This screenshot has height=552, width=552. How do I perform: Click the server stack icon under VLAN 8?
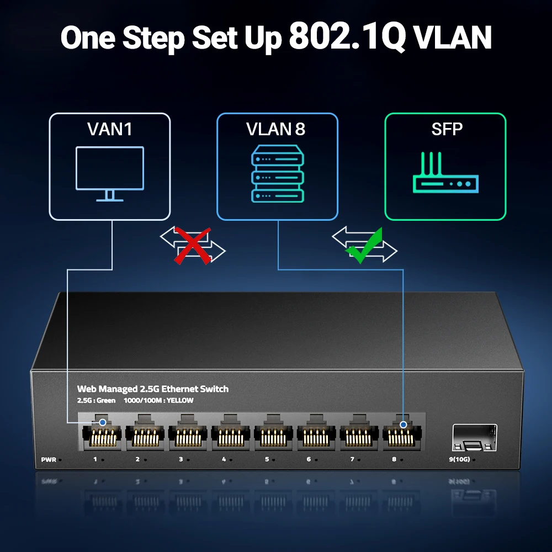point(277,173)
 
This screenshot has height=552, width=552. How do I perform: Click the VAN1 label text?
point(110,129)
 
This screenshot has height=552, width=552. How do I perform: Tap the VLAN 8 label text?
point(275,129)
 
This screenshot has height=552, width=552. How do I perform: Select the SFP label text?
point(447,129)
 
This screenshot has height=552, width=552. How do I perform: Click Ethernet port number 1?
point(101,434)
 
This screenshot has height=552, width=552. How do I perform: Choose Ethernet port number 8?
point(402,434)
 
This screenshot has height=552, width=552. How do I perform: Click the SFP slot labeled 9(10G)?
point(474,437)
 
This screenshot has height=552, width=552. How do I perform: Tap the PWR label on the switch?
point(49,459)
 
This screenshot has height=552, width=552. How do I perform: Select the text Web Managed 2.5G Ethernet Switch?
point(152,389)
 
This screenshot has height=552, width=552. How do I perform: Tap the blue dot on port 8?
point(404,424)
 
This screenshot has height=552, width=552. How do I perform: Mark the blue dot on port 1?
point(102,423)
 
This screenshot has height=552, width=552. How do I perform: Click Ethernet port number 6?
point(316,434)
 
